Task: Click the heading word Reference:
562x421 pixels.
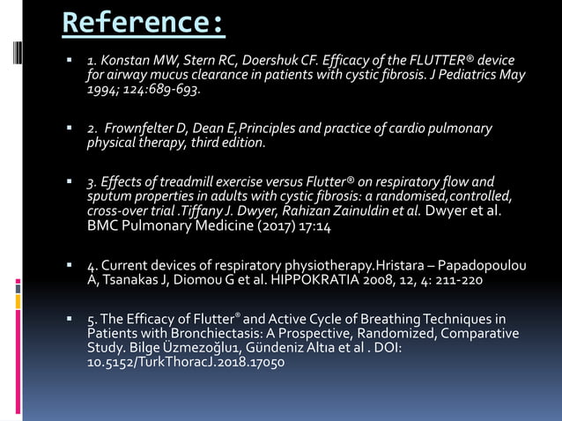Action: (x=144, y=24)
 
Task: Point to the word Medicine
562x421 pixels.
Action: (x=212, y=225)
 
